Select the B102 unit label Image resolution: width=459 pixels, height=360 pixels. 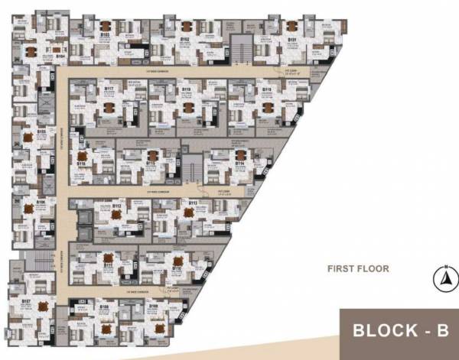tap(184, 36)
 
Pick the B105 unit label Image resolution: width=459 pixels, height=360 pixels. tap(41, 131)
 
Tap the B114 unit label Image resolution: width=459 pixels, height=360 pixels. tap(239, 163)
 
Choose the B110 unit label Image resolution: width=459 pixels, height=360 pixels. tap(176, 269)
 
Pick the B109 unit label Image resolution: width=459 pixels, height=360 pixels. tap(153, 306)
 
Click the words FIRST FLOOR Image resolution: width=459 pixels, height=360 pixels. tap(358, 268)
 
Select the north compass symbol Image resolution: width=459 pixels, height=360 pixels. tap(441, 279)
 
